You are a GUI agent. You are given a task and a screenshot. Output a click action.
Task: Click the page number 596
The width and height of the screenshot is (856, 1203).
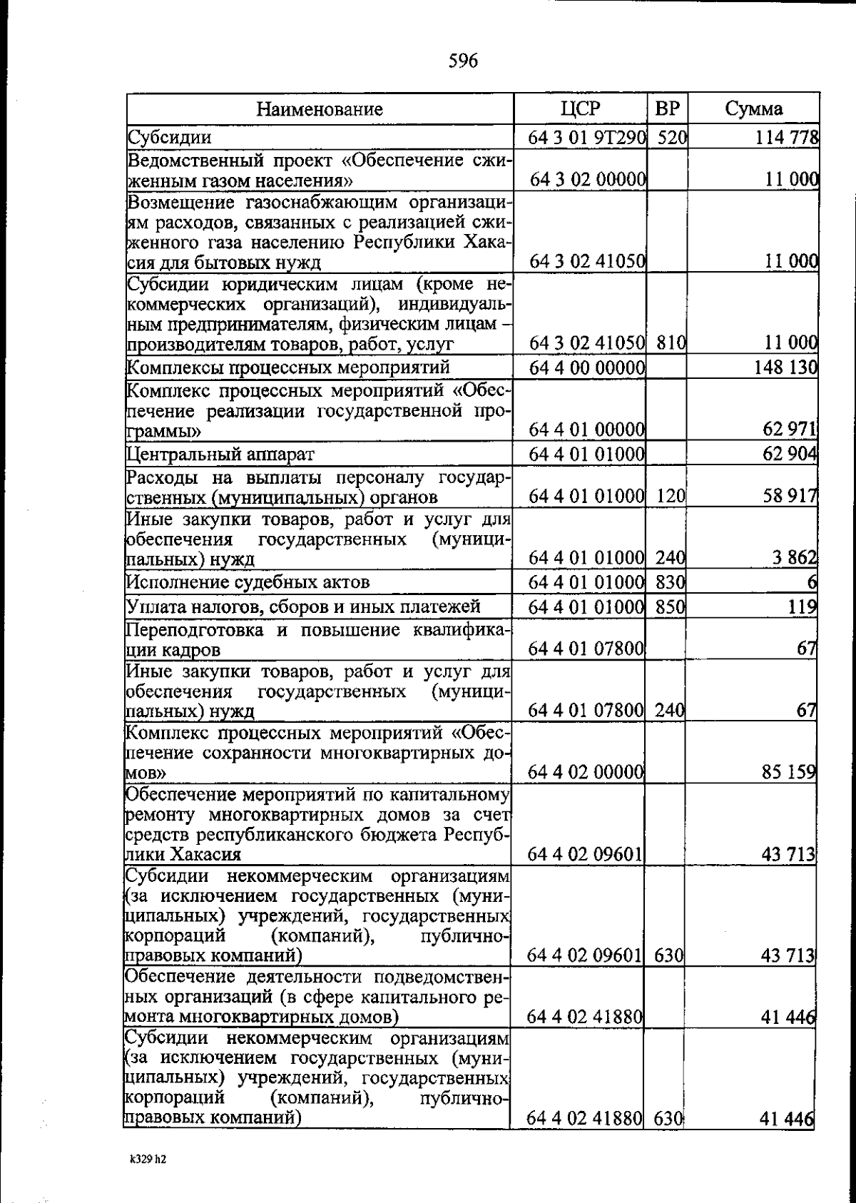[463, 61]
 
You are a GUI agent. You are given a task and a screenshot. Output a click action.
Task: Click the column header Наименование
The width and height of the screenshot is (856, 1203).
[320, 109]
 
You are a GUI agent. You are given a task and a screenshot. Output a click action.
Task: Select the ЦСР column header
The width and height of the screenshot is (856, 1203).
[580, 108]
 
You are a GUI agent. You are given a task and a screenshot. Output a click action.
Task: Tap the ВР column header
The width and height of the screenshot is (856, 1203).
[667, 108]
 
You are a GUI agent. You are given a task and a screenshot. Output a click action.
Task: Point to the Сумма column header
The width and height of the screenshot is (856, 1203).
[753, 108]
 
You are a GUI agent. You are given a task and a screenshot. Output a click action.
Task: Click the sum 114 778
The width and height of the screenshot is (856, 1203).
[787, 137]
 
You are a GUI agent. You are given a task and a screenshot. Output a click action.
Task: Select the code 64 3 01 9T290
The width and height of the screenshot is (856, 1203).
[587, 137]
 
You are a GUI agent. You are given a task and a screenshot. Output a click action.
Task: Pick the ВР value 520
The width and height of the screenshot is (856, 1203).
[671, 137]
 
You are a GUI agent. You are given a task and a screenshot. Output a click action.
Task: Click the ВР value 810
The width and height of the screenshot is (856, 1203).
[671, 343]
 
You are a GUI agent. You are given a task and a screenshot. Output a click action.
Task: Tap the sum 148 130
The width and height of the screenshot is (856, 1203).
[785, 367]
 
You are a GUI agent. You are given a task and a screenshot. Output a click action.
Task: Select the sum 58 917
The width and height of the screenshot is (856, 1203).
[788, 496]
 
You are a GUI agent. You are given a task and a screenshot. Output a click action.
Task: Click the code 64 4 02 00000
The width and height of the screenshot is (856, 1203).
[586, 771]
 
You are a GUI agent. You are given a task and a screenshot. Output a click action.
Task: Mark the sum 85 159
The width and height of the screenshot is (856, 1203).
[788, 771]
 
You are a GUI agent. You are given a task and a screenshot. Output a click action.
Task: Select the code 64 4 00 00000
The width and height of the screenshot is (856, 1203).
[586, 367]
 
